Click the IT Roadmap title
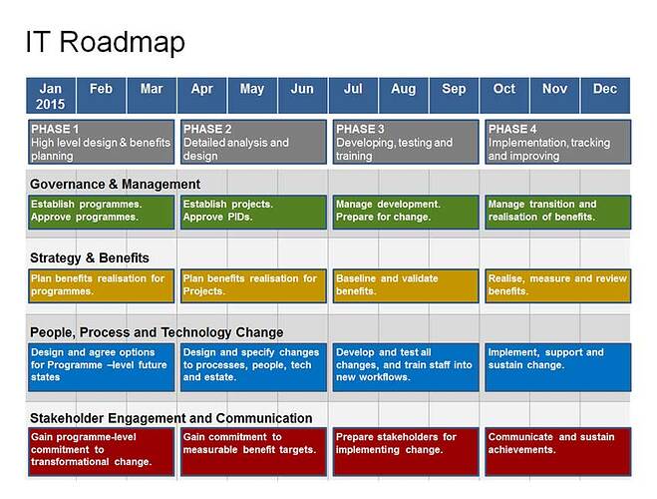[x=105, y=43]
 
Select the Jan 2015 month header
[x=50, y=96]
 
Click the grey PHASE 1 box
[x=101, y=142]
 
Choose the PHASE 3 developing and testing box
[x=406, y=142]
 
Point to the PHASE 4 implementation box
[x=558, y=142]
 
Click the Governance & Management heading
[x=115, y=184]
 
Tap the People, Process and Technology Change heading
[x=157, y=332]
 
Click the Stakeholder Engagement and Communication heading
[x=170, y=418]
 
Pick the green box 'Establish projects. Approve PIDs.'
[x=253, y=211]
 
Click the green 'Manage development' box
[x=406, y=211]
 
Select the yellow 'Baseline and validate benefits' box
[x=406, y=285]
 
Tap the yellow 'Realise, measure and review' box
[x=558, y=285]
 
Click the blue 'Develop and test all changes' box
[x=406, y=366]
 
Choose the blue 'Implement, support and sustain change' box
[x=558, y=366]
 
